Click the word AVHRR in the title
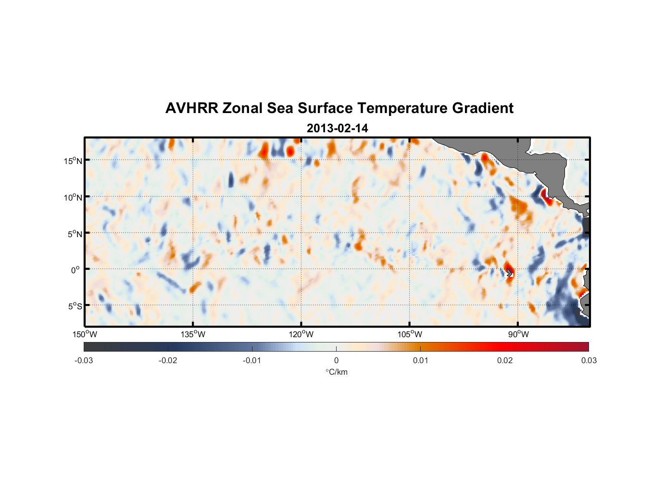(x=191, y=108)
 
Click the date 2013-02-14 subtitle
(x=337, y=128)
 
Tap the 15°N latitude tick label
(x=73, y=161)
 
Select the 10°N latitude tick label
(x=73, y=197)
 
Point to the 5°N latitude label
(x=75, y=234)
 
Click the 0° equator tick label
(x=75, y=270)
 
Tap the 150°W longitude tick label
(x=85, y=334)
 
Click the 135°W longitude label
(x=193, y=334)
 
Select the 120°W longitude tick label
(x=301, y=334)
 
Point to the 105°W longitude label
(x=410, y=334)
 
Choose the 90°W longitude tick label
(x=518, y=334)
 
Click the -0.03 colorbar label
(x=84, y=360)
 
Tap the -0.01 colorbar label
(x=252, y=360)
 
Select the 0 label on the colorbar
(x=336, y=360)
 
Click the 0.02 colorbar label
(x=505, y=360)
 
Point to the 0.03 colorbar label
(x=589, y=360)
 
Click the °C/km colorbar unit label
(x=336, y=372)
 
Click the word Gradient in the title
(x=483, y=108)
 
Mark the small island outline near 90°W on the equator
(x=509, y=272)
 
